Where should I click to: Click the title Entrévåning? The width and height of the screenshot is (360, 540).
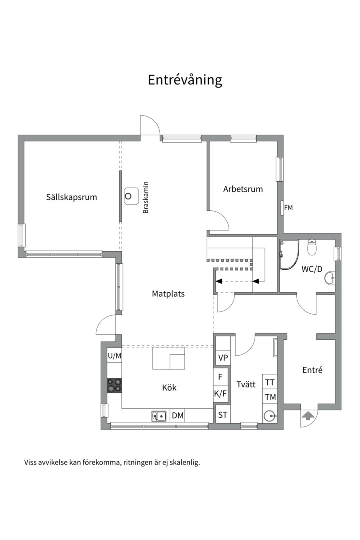coord(185,80)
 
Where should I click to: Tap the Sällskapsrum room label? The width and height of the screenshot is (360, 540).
coord(71,197)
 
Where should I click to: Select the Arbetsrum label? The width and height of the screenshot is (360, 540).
coord(243,189)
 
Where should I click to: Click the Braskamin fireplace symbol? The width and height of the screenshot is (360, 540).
coord(131,196)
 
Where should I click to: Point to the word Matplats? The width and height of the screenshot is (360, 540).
coord(168,294)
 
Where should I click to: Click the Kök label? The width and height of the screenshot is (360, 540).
coord(169,388)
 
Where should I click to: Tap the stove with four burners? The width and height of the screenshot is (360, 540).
coord(114,385)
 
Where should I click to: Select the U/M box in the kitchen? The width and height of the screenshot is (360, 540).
coord(114,356)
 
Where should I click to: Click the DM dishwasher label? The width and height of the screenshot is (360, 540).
coord(178,415)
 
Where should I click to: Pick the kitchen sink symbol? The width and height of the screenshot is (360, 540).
coord(159,416)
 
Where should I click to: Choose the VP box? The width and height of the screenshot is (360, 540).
coord(223,358)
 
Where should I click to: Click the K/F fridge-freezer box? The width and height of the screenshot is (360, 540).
coord(221,393)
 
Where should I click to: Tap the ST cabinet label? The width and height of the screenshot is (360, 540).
coord(223,415)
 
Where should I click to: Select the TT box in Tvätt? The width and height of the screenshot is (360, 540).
coord(270,382)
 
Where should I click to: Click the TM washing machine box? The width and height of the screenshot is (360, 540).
coord(270,397)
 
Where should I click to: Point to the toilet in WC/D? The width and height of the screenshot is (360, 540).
coord(312,247)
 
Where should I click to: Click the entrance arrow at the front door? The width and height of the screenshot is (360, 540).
coord(307,416)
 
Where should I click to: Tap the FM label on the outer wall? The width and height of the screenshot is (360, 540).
coord(288,208)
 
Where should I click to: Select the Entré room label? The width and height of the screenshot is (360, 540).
coord(313,370)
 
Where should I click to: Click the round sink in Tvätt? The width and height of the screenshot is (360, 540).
coord(270,416)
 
